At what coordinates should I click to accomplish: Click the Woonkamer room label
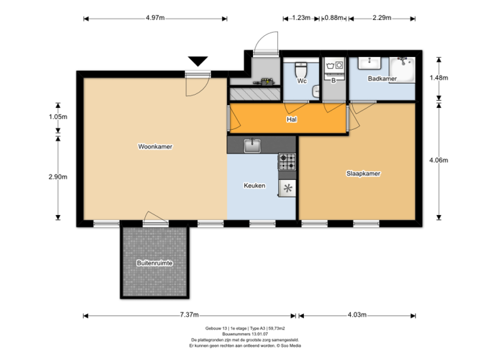155,147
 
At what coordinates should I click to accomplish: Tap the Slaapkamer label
363,173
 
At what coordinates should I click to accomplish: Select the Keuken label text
254,186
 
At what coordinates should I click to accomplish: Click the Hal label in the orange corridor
291,119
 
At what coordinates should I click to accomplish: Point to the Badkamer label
382,79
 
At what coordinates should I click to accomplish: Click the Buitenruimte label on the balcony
154,263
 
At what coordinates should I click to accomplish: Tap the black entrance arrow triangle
198,61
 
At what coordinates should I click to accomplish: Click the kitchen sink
252,146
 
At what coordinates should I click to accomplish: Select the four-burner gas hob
287,161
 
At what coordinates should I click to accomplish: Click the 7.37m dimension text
189,315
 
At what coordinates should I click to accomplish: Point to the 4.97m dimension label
155,18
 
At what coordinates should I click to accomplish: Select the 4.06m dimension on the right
438,160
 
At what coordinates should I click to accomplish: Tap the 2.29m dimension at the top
381,18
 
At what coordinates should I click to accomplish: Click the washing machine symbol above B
332,66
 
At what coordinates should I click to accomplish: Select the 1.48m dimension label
438,78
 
